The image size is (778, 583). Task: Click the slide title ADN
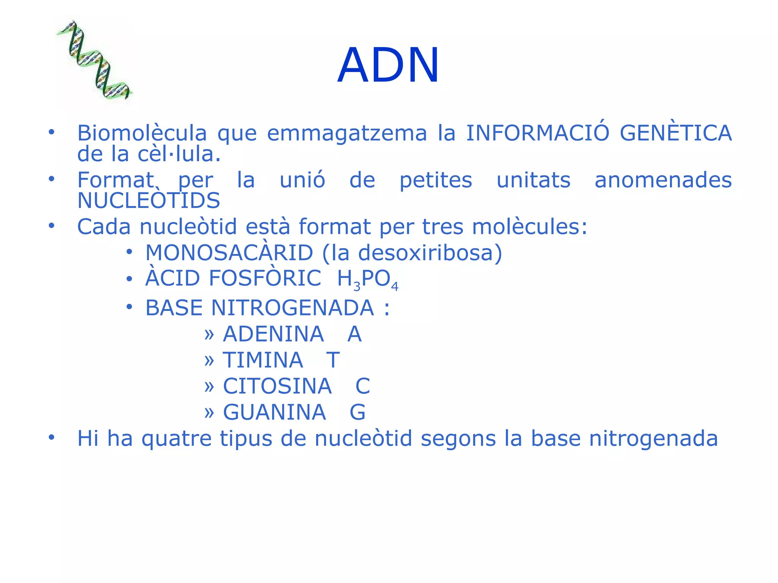[x=388, y=65]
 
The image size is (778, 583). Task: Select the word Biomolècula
[x=142, y=133]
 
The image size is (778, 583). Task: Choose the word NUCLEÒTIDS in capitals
[x=149, y=200]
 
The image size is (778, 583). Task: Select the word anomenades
[x=663, y=180]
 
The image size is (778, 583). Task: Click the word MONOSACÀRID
[x=229, y=253]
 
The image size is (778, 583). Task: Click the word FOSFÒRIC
[x=265, y=278]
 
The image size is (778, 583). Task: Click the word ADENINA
[x=273, y=334]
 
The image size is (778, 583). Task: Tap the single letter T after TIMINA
[x=333, y=360]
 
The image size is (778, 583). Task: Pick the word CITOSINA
[x=277, y=386]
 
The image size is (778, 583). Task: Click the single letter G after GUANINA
[x=357, y=412]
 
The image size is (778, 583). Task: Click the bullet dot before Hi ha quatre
[x=51, y=437]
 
